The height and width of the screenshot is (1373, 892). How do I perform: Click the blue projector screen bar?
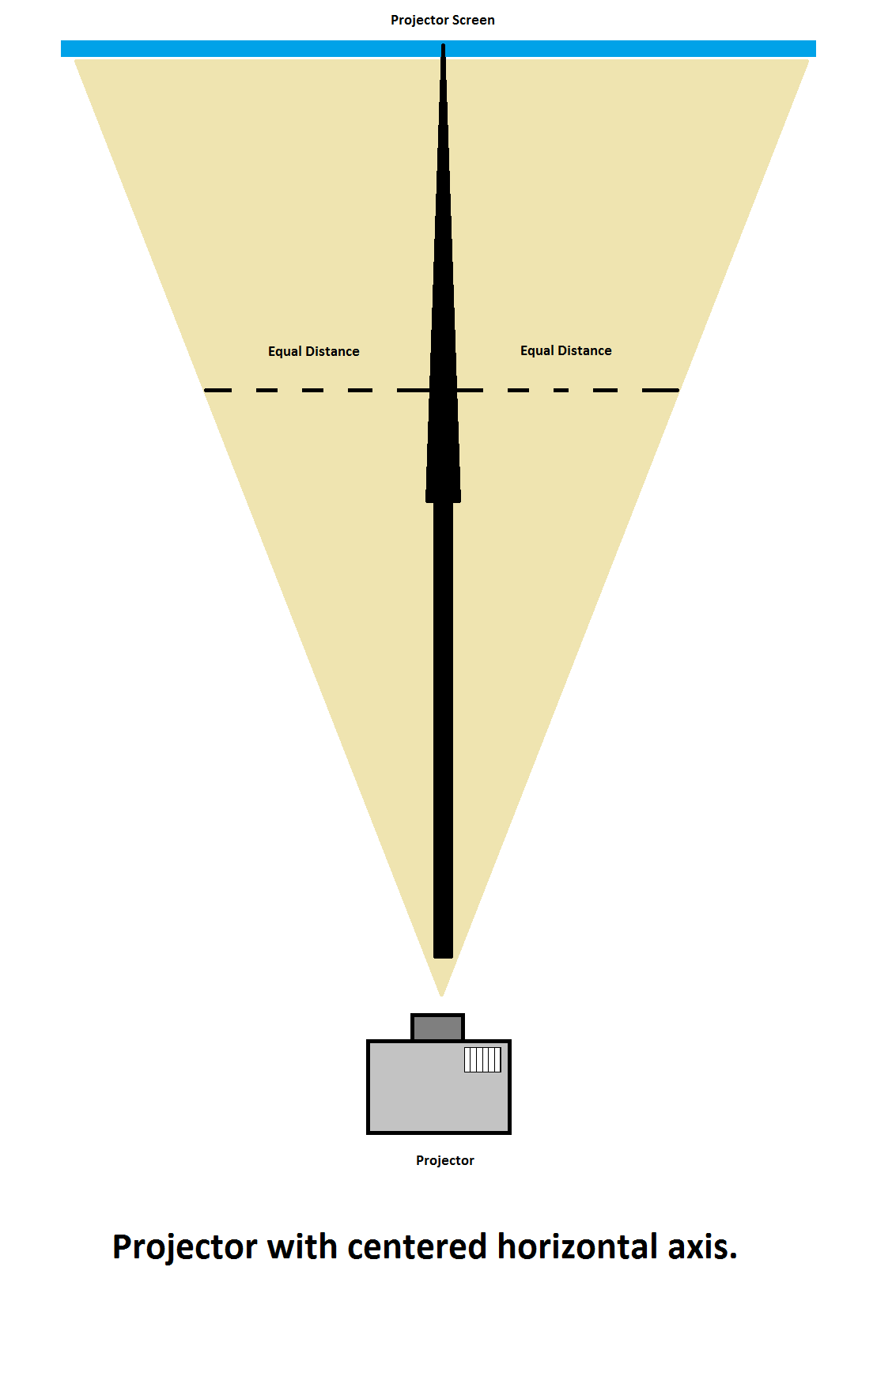237,49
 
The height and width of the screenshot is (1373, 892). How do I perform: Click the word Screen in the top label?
473,21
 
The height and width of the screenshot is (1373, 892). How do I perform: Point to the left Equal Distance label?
313,351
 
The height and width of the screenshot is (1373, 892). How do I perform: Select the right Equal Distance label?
565,350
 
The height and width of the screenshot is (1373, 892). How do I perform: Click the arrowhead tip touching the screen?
443,47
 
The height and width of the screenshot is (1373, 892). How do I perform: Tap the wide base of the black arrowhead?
443,497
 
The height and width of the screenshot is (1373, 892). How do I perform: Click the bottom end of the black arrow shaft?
443,953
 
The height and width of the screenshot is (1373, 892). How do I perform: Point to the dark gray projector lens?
437,1027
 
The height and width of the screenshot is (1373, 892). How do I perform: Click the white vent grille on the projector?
482,1059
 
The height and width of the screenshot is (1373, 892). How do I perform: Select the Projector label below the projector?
444,1160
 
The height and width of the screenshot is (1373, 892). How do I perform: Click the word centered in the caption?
417,1247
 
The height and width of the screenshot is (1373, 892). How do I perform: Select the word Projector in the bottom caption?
184,1247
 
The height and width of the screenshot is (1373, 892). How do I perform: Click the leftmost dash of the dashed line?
218,390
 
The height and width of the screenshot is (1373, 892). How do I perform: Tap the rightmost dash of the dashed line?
660,390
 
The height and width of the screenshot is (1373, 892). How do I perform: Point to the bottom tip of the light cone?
442,993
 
